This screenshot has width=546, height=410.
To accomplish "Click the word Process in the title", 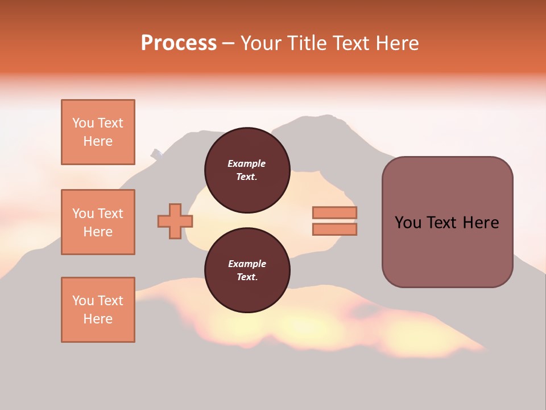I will (179, 43).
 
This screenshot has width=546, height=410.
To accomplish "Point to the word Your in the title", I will (261, 43).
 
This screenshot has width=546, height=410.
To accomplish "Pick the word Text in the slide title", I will (350, 43).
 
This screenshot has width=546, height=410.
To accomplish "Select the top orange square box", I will (98, 132).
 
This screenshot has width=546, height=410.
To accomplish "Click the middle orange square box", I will (98, 222).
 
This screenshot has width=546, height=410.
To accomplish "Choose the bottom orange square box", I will (98, 310).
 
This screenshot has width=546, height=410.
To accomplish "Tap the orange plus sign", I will (175, 221).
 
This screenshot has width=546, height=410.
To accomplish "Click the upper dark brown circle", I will (247, 170).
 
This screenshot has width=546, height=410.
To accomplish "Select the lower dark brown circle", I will (247, 270).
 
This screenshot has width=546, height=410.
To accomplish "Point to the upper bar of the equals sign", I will (334, 213).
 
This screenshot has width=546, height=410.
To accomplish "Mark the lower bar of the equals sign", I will (334, 229).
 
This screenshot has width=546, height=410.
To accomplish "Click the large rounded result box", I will (447, 222).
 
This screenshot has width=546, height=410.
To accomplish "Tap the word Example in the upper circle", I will (246, 163).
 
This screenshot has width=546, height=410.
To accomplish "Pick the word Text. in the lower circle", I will (246, 277).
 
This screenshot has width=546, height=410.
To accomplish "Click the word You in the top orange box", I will (82, 123).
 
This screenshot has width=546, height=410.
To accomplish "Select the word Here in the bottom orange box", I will (98, 319).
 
